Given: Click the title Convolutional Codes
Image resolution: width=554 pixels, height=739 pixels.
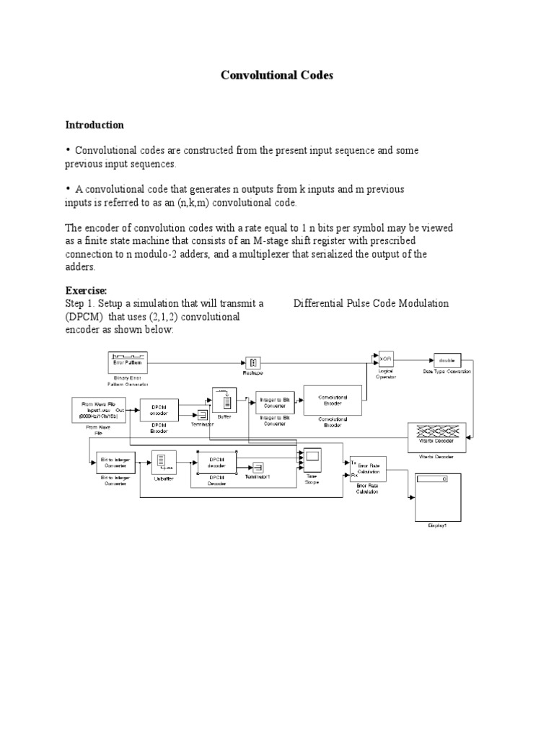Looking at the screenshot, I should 277,76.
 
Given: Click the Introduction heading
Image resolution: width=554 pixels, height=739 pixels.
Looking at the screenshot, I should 94,125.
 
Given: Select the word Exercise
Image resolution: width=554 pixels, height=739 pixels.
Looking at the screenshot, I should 87,289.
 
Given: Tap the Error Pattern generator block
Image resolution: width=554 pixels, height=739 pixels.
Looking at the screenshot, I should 128,359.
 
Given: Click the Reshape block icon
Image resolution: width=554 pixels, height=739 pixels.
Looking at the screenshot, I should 253,362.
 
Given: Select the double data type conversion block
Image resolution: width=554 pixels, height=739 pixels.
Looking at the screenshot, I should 447,359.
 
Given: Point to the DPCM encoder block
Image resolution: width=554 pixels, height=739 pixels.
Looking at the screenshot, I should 159,409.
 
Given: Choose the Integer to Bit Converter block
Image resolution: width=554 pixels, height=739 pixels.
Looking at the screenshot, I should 275,401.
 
